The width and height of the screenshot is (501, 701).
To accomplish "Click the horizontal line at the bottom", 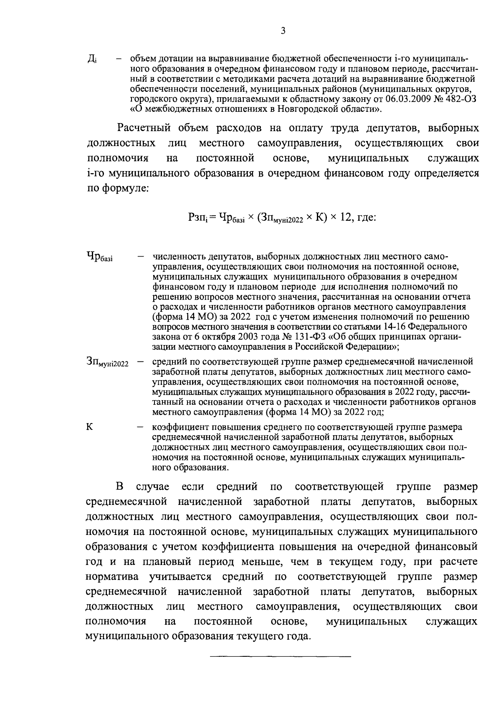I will pos(280,657).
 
